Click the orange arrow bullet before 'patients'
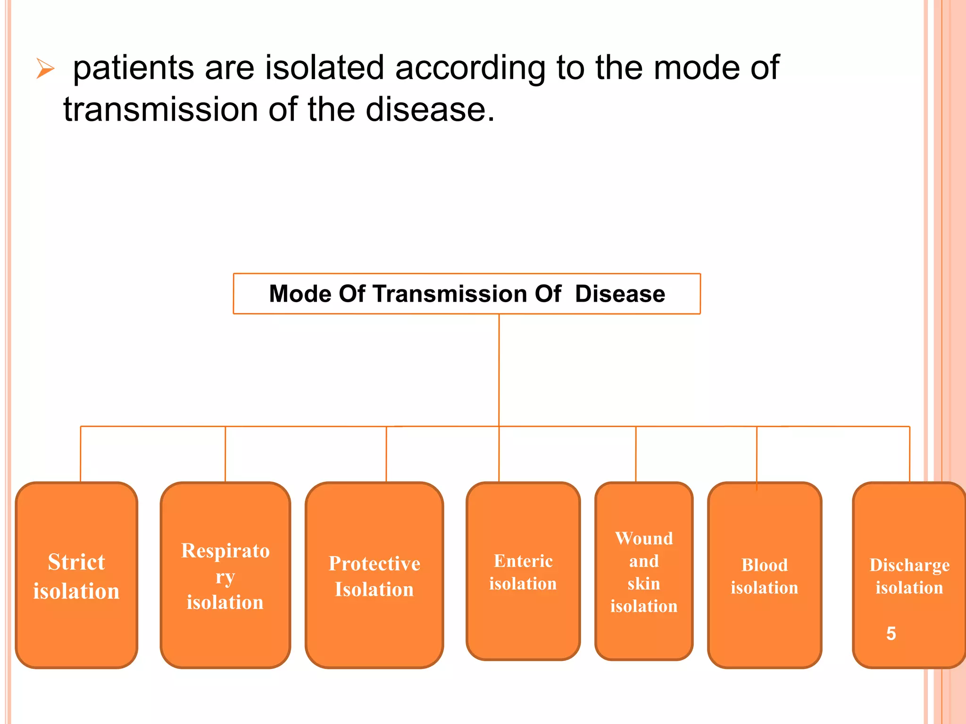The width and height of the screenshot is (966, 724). click(x=45, y=69)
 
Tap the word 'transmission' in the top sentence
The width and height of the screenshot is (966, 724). click(x=160, y=109)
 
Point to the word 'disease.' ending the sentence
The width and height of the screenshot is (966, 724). click(x=430, y=109)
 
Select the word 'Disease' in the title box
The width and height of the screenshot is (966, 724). click(x=620, y=294)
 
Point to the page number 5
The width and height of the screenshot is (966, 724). click(x=891, y=633)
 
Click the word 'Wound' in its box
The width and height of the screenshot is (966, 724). click(x=644, y=538)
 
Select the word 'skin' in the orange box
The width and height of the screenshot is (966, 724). click(x=644, y=584)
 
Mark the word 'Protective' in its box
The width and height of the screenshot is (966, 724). click(x=374, y=564)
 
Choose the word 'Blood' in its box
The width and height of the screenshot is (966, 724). click(x=765, y=565)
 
